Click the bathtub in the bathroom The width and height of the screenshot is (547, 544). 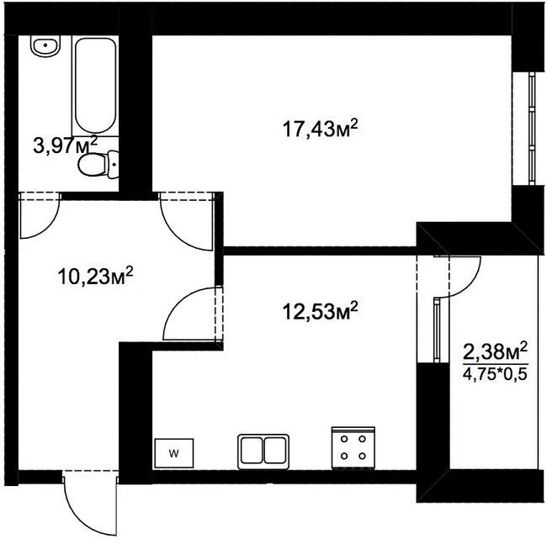[x=95, y=86]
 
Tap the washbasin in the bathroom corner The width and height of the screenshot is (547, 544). [x=45, y=45]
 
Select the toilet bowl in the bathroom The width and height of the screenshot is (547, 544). [x=92, y=165]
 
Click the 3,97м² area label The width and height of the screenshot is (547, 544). [x=66, y=145]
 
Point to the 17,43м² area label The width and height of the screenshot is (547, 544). [x=320, y=129]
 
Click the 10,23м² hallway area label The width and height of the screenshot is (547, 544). [x=95, y=276]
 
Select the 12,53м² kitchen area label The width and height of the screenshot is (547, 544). [x=320, y=311]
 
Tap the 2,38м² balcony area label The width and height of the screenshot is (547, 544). [x=495, y=352]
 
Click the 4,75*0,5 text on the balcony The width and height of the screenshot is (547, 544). [x=495, y=374]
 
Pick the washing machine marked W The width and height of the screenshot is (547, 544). [x=173, y=453]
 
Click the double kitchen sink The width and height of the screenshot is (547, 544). [x=263, y=452]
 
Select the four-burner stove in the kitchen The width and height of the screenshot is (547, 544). [x=353, y=448]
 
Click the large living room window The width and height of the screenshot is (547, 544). [x=532, y=129]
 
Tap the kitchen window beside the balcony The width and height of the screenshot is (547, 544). [x=437, y=330]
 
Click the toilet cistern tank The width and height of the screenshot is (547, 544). [x=113, y=165]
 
